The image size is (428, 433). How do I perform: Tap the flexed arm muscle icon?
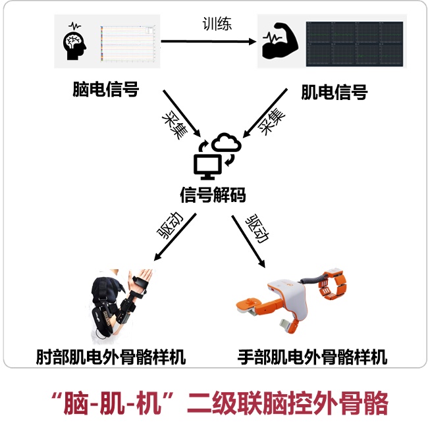[281, 41]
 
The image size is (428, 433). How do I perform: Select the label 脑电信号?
[105, 89]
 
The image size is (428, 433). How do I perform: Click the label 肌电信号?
[334, 92]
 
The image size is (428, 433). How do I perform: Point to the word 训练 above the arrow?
[217, 24]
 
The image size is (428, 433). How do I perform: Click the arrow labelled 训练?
[209, 41]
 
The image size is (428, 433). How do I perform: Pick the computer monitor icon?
[208, 166]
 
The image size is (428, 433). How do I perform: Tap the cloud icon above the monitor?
[226, 142]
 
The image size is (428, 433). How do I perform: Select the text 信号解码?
[213, 195]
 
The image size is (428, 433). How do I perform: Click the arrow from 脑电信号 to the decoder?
[182, 113]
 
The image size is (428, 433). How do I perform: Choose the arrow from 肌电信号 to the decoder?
[265, 113]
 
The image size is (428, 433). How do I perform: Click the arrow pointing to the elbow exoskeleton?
[175, 237]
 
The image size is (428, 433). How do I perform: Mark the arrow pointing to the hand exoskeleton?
[248, 242]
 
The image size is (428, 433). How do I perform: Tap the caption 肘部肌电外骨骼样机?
[111, 357]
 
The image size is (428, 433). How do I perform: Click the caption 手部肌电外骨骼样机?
[312, 357]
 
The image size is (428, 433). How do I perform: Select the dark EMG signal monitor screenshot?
[354, 44]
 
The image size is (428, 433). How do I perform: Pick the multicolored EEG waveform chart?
[128, 43]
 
